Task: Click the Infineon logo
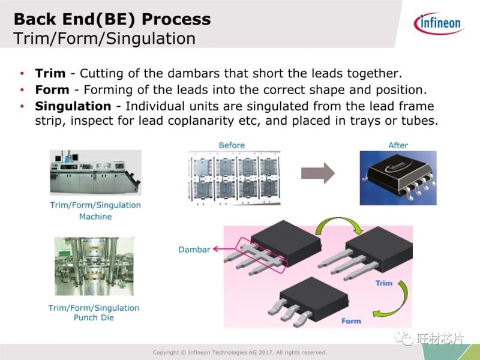[x=439, y=23]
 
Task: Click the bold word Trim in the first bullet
[x=50, y=73]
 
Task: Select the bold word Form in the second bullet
[x=52, y=90]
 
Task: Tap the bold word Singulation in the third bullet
[x=73, y=107]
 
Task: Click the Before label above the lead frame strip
[x=232, y=145]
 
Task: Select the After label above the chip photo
[x=398, y=145]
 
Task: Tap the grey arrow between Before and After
[x=318, y=173]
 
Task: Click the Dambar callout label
[x=194, y=250]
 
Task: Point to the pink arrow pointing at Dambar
[x=225, y=249]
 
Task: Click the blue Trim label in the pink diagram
[x=384, y=283]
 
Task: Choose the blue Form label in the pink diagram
[x=351, y=321]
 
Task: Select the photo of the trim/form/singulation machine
[x=95, y=172]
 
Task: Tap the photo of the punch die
[x=94, y=266]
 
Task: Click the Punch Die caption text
[x=94, y=317]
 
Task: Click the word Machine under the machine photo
[x=95, y=217]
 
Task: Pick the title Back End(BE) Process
[x=112, y=19]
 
